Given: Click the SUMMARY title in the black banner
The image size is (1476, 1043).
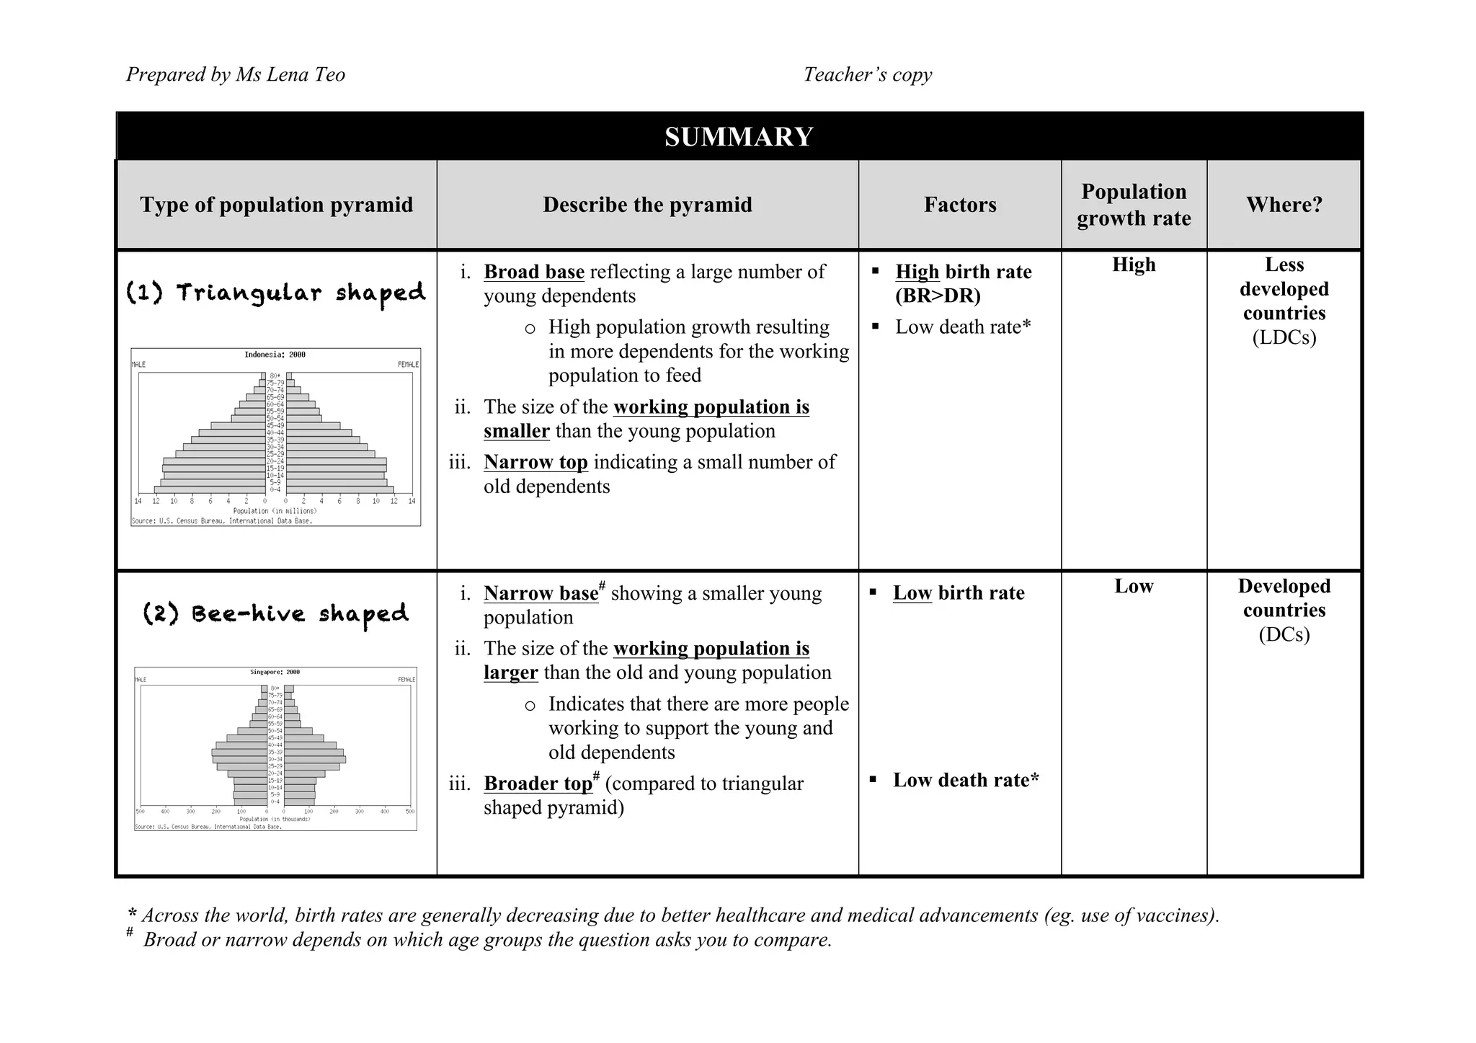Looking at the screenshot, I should (x=739, y=137).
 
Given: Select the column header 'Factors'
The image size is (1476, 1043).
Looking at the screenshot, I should (x=960, y=205).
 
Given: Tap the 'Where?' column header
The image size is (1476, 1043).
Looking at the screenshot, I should (x=1284, y=205).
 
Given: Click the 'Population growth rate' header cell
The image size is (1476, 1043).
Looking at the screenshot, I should (x=1134, y=205).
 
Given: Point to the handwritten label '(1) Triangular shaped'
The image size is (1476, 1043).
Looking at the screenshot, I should (x=275, y=293).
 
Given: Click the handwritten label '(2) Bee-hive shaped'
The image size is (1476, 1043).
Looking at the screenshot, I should (x=275, y=614).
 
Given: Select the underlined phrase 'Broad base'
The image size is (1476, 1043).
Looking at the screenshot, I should (x=534, y=272).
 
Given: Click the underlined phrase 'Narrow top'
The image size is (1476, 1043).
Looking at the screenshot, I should (x=535, y=462).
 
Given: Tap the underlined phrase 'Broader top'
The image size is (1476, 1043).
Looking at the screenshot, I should (x=538, y=784).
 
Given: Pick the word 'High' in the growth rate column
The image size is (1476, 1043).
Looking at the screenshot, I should (x=1134, y=265).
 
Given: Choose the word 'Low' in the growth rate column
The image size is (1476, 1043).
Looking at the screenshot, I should (x=1134, y=586).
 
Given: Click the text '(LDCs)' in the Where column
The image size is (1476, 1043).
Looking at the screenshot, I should (x=1284, y=337).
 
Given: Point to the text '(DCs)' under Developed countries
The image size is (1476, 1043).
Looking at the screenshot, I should (x=1284, y=634).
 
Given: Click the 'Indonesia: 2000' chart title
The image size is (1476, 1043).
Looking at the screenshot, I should (x=275, y=355).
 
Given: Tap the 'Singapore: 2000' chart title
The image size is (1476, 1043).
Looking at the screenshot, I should (x=275, y=672).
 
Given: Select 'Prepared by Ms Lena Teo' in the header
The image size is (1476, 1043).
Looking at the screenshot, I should (x=236, y=74).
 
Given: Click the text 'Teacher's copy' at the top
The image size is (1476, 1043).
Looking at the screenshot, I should (x=868, y=74).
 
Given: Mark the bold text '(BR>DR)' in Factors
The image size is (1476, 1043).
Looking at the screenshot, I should (x=938, y=296).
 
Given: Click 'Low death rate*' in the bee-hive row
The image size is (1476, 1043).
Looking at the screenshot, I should (x=966, y=780).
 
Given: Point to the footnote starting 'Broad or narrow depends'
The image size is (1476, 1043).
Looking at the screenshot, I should (x=487, y=940).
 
